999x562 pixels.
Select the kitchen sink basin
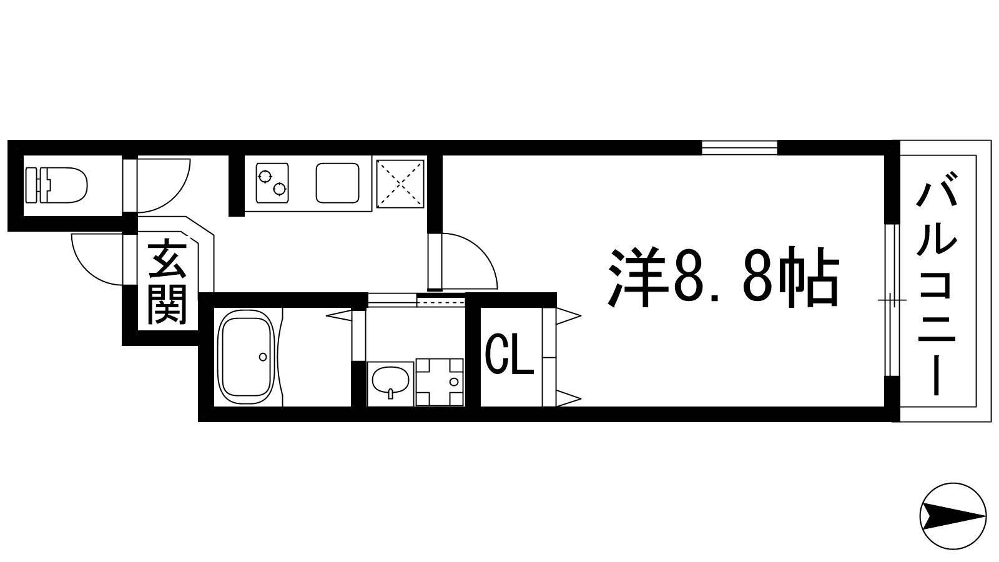point(337,182)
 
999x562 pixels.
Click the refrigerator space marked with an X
point(400,182)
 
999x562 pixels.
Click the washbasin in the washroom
point(390,382)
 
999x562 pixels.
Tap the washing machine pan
point(440,382)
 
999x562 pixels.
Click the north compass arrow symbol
point(953,516)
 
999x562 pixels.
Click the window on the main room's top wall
point(739,148)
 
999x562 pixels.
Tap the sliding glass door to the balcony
point(893,300)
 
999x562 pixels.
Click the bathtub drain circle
point(263,357)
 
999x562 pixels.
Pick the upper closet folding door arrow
point(569,313)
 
